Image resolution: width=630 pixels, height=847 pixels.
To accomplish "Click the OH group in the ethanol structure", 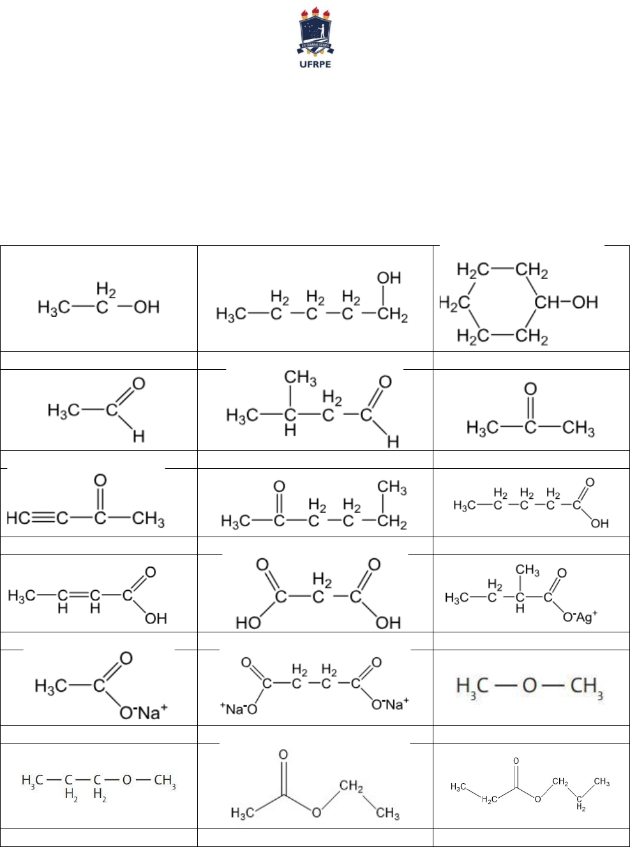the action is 147,307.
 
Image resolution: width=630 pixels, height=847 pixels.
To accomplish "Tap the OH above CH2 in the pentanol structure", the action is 389,278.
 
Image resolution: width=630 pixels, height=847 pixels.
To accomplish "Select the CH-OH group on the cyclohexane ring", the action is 566,301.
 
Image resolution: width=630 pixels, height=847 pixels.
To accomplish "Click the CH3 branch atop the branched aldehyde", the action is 300,378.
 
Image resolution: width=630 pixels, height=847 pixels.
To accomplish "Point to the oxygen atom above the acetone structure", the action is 530,389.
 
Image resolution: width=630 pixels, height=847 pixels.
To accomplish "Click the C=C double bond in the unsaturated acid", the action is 79,596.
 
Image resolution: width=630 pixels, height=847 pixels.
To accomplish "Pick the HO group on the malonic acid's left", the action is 248,623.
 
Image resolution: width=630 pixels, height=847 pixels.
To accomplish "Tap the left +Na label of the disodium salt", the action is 237,708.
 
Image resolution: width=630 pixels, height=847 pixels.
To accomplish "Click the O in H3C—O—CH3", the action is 530,687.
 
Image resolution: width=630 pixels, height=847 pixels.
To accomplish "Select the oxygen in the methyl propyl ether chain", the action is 127,780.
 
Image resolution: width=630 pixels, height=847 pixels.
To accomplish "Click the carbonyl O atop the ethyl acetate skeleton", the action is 283,755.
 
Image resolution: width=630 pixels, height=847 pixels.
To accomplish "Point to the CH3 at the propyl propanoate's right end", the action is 601,781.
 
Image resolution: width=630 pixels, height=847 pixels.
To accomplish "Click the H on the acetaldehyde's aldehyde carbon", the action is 139,436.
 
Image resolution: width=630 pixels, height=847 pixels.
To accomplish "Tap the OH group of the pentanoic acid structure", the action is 599,523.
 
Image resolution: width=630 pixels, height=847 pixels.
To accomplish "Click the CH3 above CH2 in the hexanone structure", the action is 392,488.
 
